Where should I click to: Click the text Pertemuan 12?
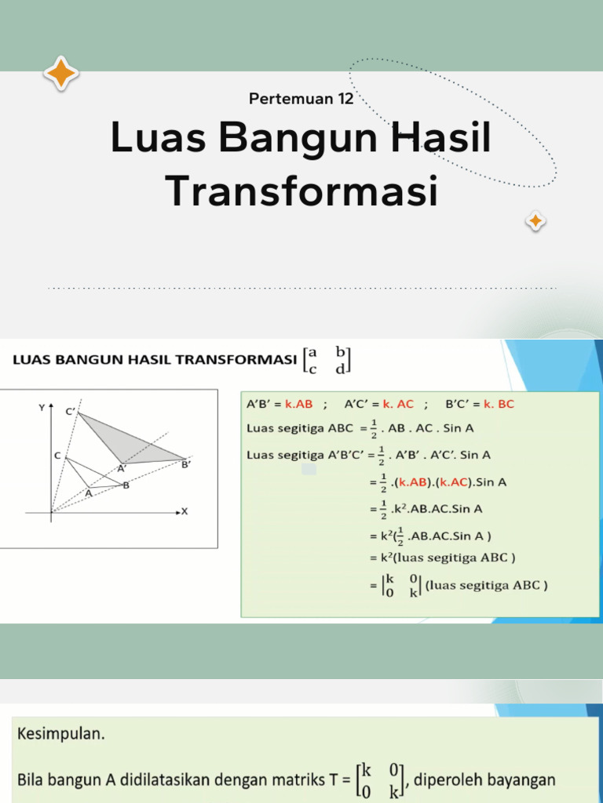(x=301, y=99)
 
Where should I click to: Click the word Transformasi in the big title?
(x=301, y=191)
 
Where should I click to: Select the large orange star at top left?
(x=61, y=74)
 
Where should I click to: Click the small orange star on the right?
(x=535, y=222)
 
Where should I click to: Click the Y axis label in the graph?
(x=41, y=408)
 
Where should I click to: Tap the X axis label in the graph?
(x=185, y=511)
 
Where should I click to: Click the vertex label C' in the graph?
(x=70, y=412)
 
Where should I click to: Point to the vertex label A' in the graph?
(x=122, y=469)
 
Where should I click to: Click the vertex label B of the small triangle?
(x=126, y=485)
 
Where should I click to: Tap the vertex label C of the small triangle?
(x=57, y=455)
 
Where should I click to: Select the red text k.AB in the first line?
(x=298, y=405)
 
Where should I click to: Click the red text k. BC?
(x=494, y=405)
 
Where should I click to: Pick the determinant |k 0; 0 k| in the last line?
(x=400, y=586)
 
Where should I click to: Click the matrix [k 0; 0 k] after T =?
(x=380, y=781)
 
